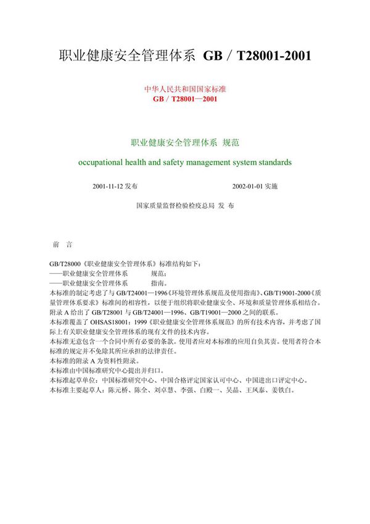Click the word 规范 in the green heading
click(x=231, y=142)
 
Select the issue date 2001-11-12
click(x=107, y=186)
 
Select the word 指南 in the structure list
click(x=157, y=282)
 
